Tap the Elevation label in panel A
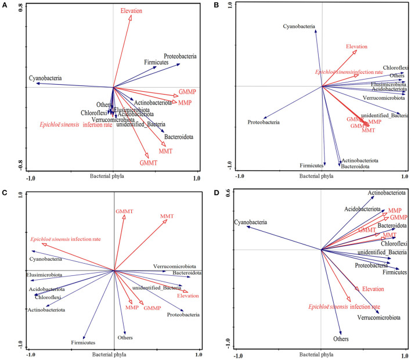(131, 11)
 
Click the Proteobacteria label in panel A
(180, 56)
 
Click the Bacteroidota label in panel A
(179, 138)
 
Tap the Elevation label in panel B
(358, 46)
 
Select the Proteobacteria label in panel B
(264, 123)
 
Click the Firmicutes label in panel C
(84, 344)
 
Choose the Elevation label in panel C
(188, 296)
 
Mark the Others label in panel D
(344, 339)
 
